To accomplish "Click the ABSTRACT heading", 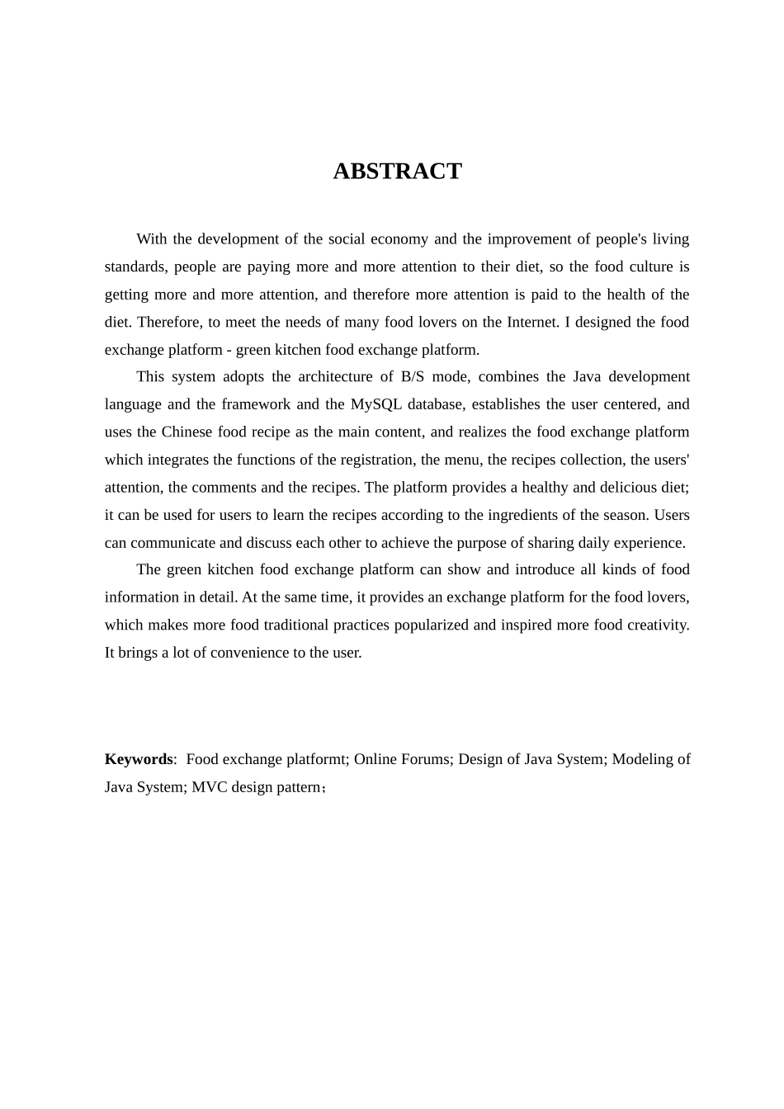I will [x=397, y=171].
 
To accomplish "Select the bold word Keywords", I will [x=139, y=759].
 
